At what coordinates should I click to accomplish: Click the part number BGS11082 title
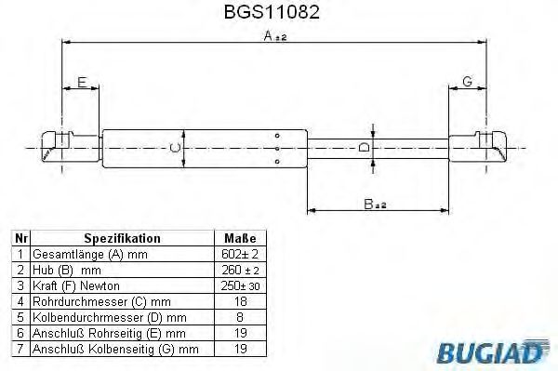(278, 16)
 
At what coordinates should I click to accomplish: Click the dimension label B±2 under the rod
(373, 205)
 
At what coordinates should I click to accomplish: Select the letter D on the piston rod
(365, 147)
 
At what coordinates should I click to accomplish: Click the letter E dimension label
(82, 83)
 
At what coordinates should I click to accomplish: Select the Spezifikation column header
(123, 238)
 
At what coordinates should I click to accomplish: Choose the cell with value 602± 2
(240, 253)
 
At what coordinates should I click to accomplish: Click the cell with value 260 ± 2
(240, 269)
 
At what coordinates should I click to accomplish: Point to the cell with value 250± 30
(240, 285)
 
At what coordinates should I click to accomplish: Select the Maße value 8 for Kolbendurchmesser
(240, 316)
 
